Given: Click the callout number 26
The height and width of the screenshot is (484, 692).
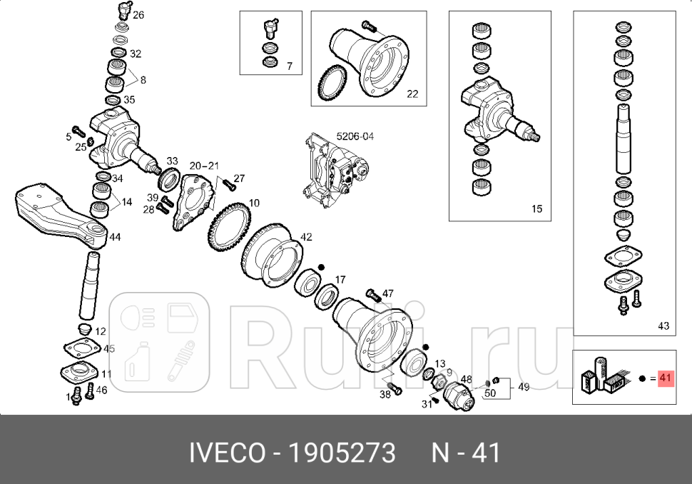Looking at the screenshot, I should click(138, 14).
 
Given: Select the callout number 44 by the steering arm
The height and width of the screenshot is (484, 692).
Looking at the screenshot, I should click(115, 237).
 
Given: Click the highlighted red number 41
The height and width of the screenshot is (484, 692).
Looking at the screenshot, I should click(665, 378).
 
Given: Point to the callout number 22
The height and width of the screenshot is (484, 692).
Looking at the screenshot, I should click(412, 94).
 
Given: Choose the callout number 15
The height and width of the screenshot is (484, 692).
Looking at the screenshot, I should click(536, 209).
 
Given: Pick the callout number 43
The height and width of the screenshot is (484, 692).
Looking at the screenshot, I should click(663, 326).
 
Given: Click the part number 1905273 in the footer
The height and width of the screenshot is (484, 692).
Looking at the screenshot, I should click(341, 453).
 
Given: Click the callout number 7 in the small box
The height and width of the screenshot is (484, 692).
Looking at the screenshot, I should click(290, 66).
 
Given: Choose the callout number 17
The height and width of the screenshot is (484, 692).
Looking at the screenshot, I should click(340, 280).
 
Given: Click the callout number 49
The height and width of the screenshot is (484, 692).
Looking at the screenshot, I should click(523, 387).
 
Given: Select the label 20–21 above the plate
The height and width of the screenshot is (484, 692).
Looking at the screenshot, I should click(204, 165).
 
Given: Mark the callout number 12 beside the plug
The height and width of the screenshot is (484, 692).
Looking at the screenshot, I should click(101, 331).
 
